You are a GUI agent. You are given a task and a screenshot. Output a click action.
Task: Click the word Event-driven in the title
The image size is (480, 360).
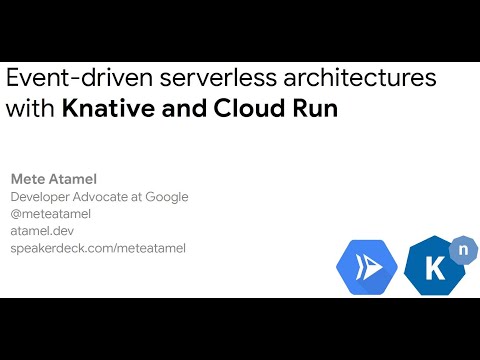61,78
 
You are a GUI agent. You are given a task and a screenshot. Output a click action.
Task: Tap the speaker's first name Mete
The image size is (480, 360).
27,179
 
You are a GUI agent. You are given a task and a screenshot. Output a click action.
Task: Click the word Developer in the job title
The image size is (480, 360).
43,197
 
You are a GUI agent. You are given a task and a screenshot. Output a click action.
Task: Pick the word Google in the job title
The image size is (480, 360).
166,197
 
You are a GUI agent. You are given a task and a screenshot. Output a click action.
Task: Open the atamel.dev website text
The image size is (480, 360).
43,231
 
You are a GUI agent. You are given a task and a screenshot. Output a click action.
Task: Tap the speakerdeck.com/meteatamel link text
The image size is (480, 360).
98,248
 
